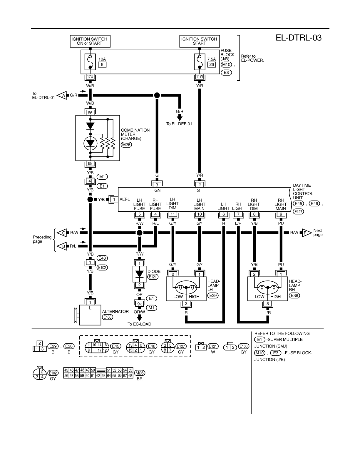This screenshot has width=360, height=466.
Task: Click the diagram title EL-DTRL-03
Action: (x=299, y=38)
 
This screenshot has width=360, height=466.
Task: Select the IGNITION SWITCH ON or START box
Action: (x=90, y=41)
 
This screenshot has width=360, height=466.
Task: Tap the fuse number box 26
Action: (x=212, y=65)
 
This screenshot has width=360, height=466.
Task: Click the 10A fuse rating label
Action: (x=102, y=59)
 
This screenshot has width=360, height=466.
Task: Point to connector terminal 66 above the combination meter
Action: (x=90, y=113)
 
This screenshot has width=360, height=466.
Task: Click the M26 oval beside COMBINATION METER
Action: (x=126, y=145)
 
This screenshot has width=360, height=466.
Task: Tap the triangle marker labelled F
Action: (x=307, y=233)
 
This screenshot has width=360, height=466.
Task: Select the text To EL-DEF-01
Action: (x=179, y=124)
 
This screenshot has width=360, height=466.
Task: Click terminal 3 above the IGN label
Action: (x=157, y=185)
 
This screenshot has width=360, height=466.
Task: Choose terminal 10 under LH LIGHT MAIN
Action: (x=200, y=214)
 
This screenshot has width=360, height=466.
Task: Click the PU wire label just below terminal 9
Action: (x=281, y=223)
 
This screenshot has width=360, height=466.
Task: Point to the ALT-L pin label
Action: (x=125, y=199)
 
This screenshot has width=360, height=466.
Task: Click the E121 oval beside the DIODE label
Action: (x=153, y=277)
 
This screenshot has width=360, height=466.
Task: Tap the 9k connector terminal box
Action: (x=140, y=304)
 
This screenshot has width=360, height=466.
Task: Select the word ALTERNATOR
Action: (x=115, y=311)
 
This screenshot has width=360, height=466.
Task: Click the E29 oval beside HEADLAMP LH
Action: (x=213, y=295)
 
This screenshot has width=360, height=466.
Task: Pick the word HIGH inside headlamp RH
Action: (x=275, y=297)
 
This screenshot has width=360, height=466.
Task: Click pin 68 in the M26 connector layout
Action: (x=130, y=375)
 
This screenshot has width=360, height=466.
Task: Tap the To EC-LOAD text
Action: (x=139, y=324)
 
